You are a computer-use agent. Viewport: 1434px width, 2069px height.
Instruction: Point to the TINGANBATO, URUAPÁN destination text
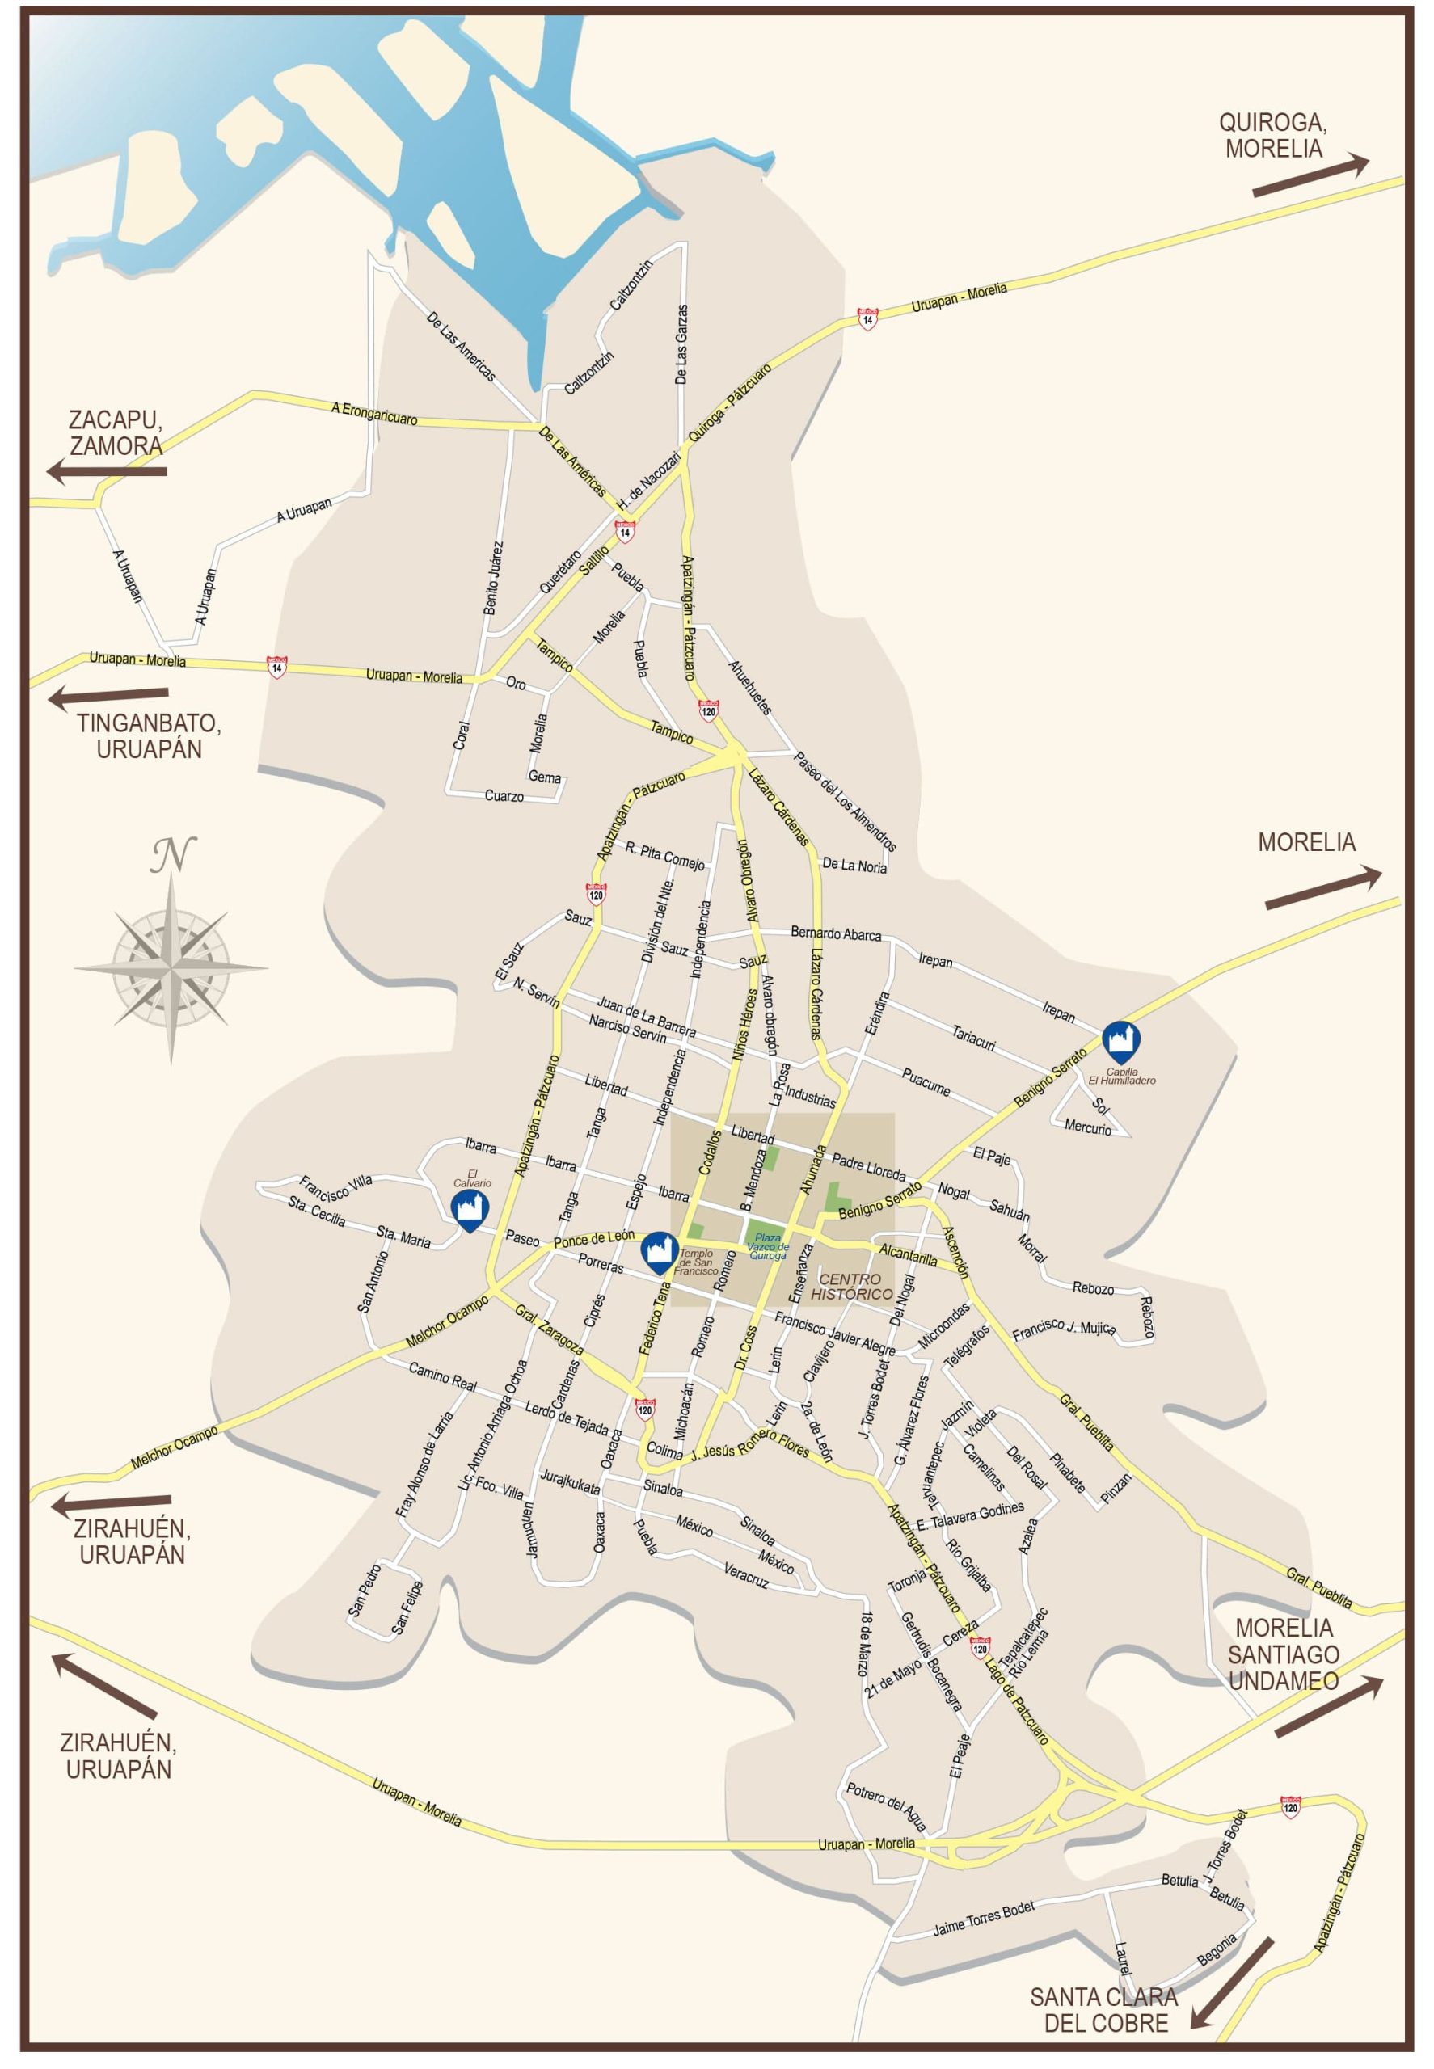[x=148, y=735]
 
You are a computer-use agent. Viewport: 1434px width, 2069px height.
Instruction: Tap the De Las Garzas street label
[x=682, y=345]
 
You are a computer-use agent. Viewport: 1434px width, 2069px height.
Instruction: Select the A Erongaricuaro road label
[x=373, y=412]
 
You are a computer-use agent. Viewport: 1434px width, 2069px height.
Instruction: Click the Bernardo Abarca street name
[x=836, y=933]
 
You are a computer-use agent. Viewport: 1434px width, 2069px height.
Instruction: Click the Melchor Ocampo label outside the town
[x=175, y=1448]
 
